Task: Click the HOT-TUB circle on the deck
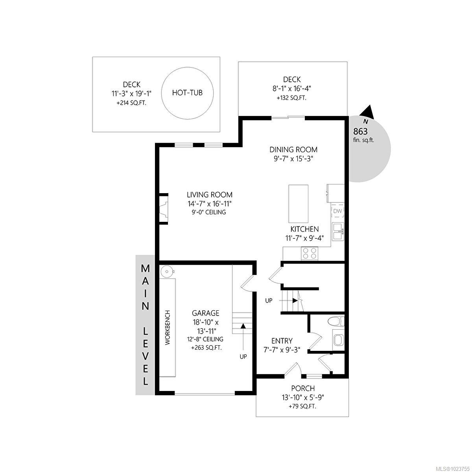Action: pyautogui.click(x=188, y=93)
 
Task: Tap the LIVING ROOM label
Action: pyautogui.click(x=209, y=195)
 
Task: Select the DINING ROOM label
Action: pyautogui.click(x=293, y=149)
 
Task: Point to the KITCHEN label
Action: pyautogui.click(x=304, y=229)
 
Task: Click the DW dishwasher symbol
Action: pyautogui.click(x=337, y=211)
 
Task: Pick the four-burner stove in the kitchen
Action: pyautogui.click(x=310, y=253)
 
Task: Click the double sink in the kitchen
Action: pyautogui.click(x=337, y=232)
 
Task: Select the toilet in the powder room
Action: pyautogui.click(x=337, y=321)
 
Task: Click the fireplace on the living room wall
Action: pyautogui.click(x=163, y=208)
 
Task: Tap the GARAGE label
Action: pyautogui.click(x=205, y=313)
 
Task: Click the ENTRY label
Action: pyautogui.click(x=282, y=341)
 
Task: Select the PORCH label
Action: pyautogui.click(x=303, y=389)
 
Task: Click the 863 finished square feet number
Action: pyautogui.click(x=361, y=131)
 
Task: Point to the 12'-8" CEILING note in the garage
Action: pyautogui.click(x=205, y=339)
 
